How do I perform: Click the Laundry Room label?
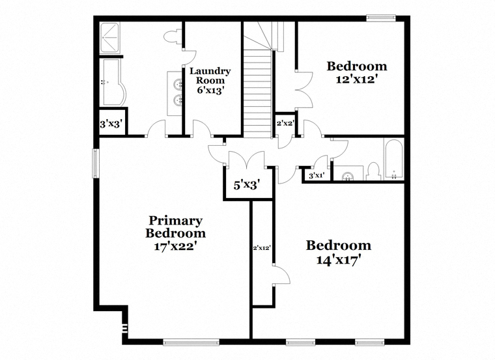click(210, 76)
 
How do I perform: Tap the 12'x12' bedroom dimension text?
click(357, 79)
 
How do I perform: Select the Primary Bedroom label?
click(175, 227)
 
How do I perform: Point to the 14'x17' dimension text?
click(339, 260)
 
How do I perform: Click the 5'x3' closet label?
click(247, 185)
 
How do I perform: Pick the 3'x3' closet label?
click(111, 124)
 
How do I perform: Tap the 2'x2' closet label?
click(285, 124)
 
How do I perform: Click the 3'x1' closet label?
click(317, 176)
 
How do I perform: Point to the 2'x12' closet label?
click(262, 248)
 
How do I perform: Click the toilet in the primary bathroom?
click(173, 36)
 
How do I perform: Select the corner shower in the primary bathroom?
click(110, 37)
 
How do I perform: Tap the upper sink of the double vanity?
click(178, 84)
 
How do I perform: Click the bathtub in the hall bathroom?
click(393, 159)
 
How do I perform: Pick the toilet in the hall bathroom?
click(374, 171)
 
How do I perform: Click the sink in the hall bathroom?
click(348, 176)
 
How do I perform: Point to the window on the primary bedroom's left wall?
click(95, 163)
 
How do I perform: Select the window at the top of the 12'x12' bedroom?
click(381, 18)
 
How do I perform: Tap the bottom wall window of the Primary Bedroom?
click(191, 342)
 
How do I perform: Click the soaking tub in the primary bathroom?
click(113, 82)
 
